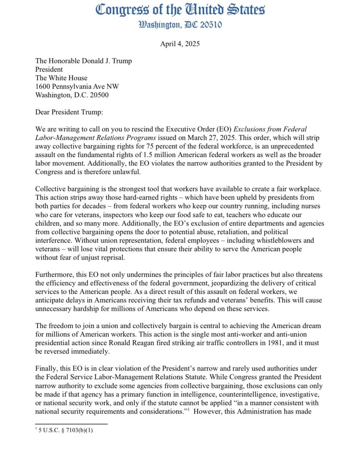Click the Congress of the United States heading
point(180,10)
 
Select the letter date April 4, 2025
point(180,43)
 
